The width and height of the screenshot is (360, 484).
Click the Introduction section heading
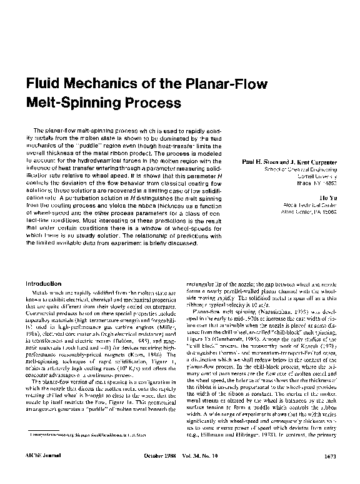pos(43,284)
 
